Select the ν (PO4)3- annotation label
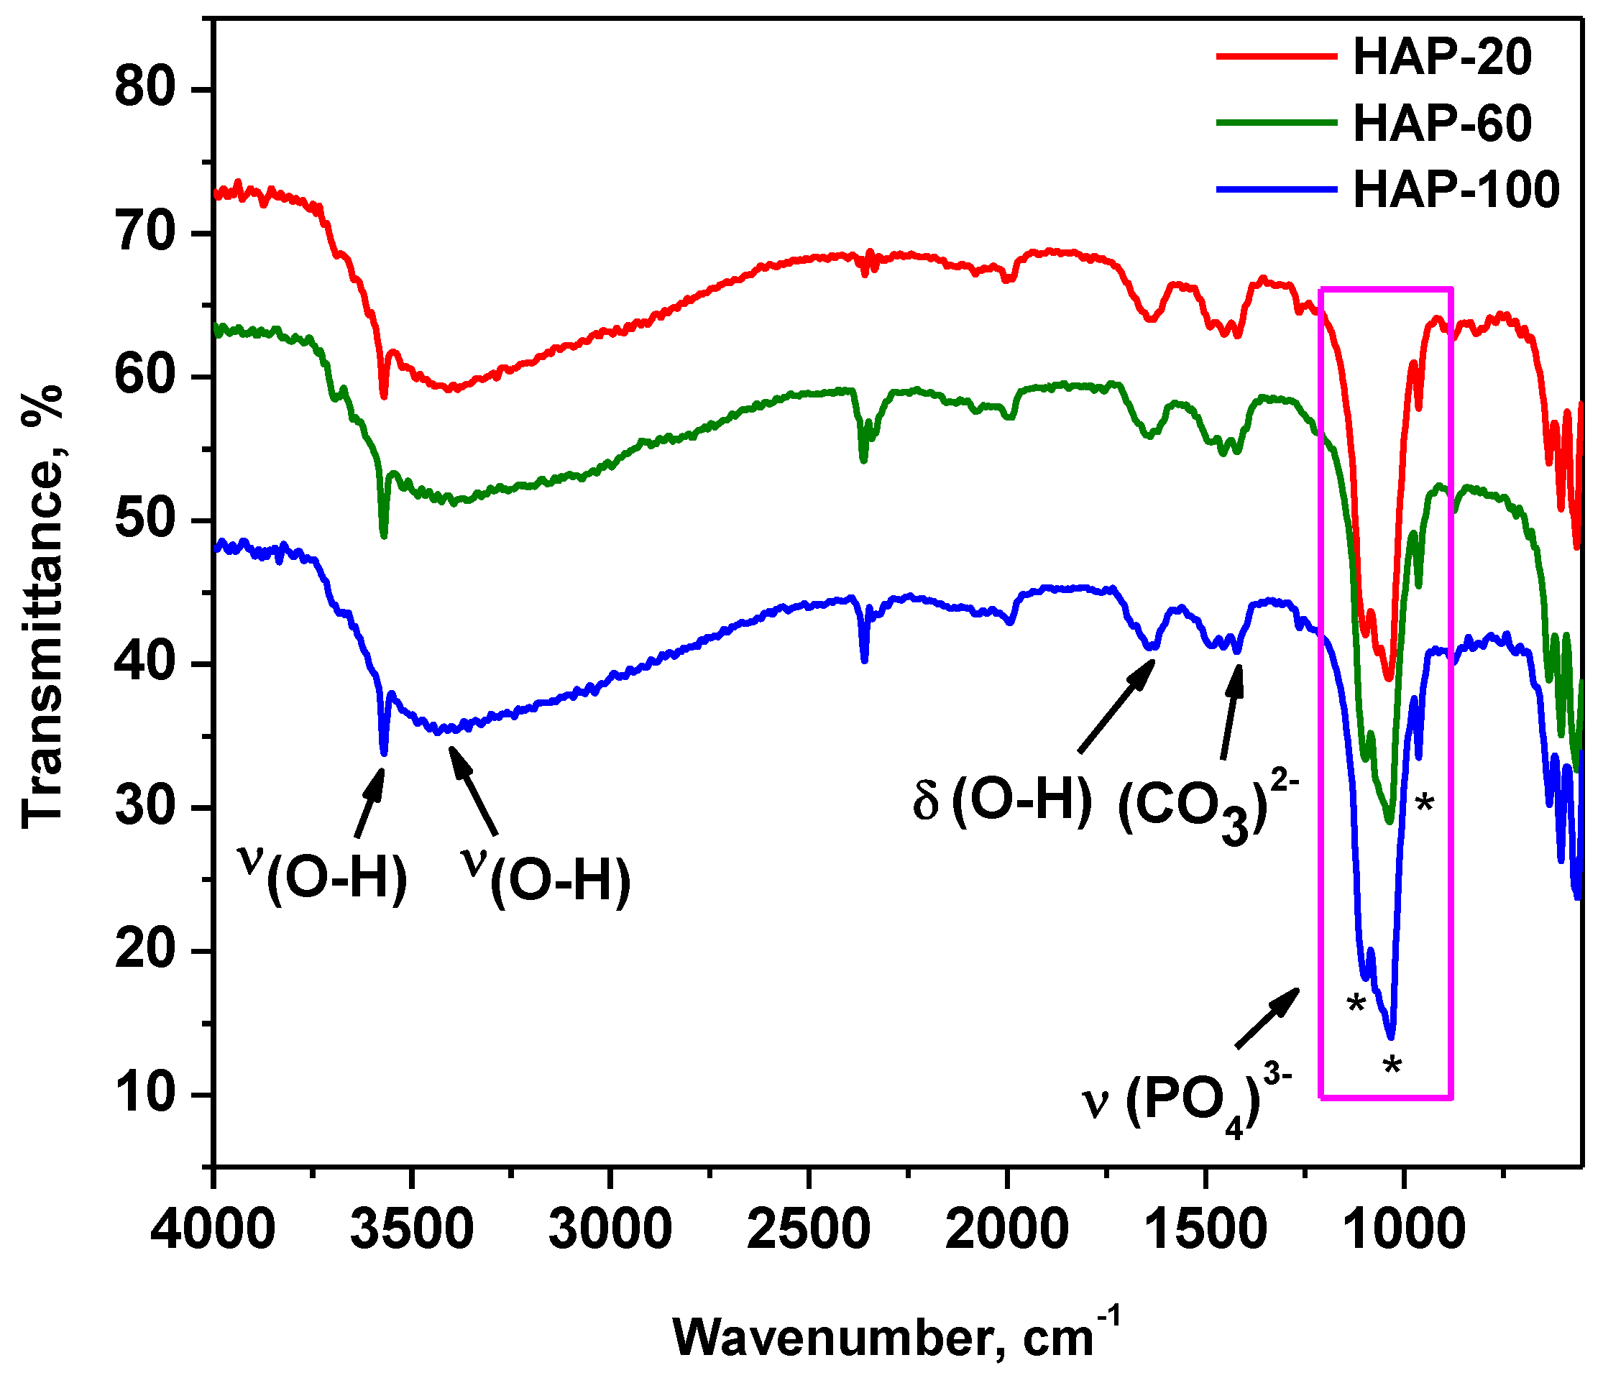[1187, 1103]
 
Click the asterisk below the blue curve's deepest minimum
[1392, 1067]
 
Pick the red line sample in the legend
[1277, 57]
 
